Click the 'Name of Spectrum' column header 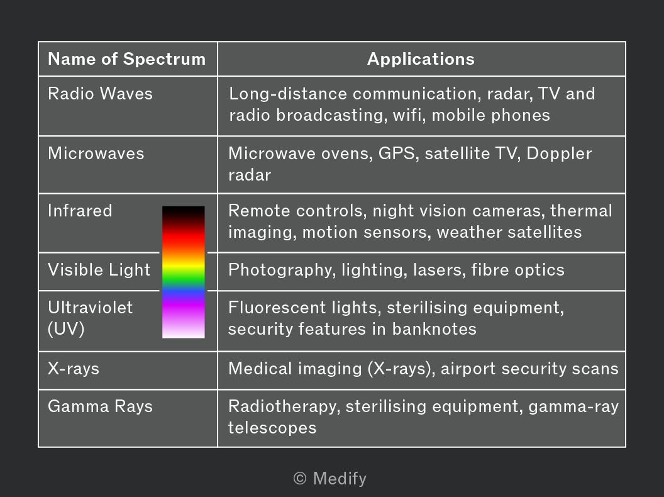[x=126, y=59]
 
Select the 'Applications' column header [x=421, y=59]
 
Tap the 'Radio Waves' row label [x=100, y=94]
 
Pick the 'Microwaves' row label [x=96, y=154]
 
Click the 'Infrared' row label [x=80, y=211]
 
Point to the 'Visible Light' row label [x=99, y=270]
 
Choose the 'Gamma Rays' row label [x=100, y=406]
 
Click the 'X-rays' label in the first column [x=74, y=369]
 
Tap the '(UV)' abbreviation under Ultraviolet [x=66, y=329]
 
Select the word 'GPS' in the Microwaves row [x=396, y=154]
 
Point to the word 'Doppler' [x=559, y=154]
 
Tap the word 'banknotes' [x=434, y=329]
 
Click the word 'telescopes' [x=272, y=428]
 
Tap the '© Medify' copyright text [x=330, y=479]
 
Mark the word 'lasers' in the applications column [x=438, y=270]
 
